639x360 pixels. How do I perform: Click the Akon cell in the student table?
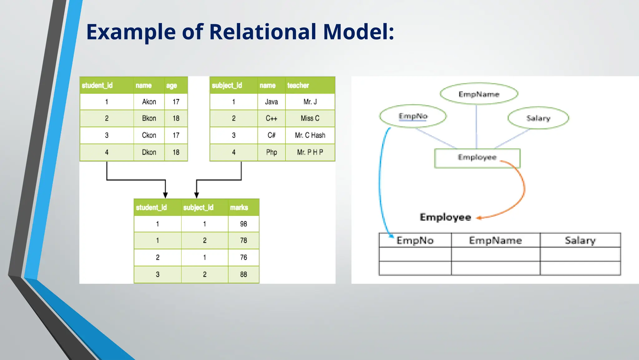pyautogui.click(x=149, y=102)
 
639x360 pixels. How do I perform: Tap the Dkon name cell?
pyautogui.click(x=149, y=152)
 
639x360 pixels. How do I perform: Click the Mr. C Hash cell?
pyautogui.click(x=310, y=135)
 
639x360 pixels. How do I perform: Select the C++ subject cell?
pyautogui.click(x=271, y=118)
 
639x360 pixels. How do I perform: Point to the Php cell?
pyautogui.click(x=271, y=152)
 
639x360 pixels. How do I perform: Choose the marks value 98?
pyautogui.click(x=243, y=224)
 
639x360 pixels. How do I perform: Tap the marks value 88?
pyautogui.click(x=243, y=274)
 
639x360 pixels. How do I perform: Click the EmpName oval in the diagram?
pyautogui.click(x=479, y=94)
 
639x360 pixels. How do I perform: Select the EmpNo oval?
pyautogui.click(x=413, y=116)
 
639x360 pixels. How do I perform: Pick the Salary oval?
pyautogui.click(x=538, y=118)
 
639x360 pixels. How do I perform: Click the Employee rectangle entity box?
pyautogui.click(x=477, y=158)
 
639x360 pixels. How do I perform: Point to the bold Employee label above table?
pyautogui.click(x=445, y=217)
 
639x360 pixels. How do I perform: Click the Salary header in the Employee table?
pyautogui.click(x=580, y=240)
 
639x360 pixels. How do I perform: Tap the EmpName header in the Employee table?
pyautogui.click(x=495, y=240)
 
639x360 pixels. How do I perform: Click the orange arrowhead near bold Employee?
pyautogui.click(x=479, y=218)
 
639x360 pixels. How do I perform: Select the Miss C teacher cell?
pyautogui.click(x=310, y=118)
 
